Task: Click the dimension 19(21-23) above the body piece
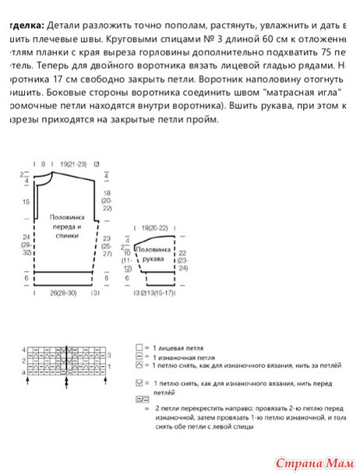click(x=72, y=165)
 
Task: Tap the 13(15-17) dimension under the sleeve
click(x=157, y=294)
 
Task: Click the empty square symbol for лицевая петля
click(x=139, y=345)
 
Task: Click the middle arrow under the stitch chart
click(x=66, y=382)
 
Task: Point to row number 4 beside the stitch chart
click(x=25, y=350)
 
